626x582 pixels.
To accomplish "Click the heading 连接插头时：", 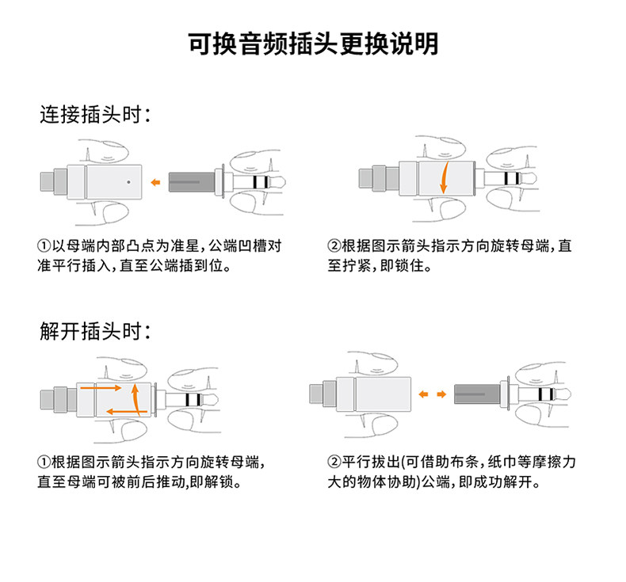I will click(95, 116).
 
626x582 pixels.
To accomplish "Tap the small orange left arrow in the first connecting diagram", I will click(156, 183).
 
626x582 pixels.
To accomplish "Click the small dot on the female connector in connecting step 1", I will click(128, 181).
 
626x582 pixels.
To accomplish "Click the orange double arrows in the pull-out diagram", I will click(431, 393).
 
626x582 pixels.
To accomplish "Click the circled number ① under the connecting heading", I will click(45, 246).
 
